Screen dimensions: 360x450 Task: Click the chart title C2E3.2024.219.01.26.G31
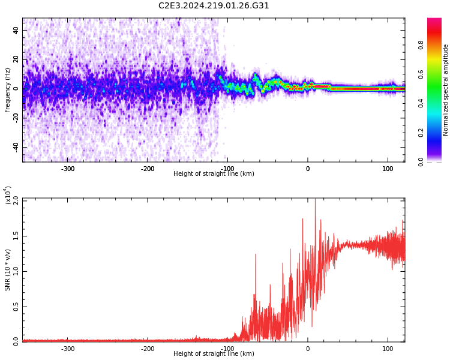click(x=214, y=6)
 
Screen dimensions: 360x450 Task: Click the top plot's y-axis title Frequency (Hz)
click(x=8, y=90)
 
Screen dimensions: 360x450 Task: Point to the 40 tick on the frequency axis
click(x=16, y=30)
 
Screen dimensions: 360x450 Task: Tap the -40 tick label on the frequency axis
click(x=16, y=146)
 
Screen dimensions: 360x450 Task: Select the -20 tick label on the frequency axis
click(x=16, y=118)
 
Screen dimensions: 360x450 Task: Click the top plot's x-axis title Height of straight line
click(x=214, y=174)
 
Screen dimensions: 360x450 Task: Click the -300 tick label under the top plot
click(x=68, y=169)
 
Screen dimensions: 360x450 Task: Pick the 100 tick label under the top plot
click(x=388, y=169)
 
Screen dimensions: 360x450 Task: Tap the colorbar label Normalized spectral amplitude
click(x=446, y=90)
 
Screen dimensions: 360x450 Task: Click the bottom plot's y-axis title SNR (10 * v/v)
click(x=8, y=269)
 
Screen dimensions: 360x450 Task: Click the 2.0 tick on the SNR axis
click(x=16, y=199)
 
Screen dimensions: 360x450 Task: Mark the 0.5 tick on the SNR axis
click(x=16, y=307)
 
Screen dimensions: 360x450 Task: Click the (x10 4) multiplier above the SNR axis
click(x=8, y=195)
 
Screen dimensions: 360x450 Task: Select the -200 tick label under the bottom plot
click(x=148, y=349)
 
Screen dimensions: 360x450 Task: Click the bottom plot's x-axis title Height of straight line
click(x=214, y=354)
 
